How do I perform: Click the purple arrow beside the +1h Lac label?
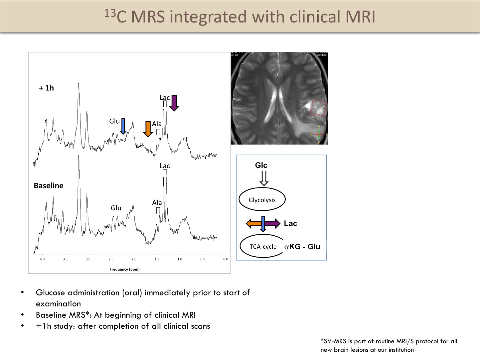pos(174,103)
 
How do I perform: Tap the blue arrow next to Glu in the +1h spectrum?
pos(123,126)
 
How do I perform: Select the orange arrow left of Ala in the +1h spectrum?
pos(148,129)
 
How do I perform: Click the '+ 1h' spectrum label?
pos(46,88)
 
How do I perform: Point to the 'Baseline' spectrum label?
pos(49,186)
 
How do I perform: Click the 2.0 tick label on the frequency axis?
pos(134,259)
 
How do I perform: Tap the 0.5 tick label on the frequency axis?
pos(203,259)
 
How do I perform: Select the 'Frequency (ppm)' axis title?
pos(125,269)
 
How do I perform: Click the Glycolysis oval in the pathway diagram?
pos(262,199)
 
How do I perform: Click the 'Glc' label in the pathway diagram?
pos(261,165)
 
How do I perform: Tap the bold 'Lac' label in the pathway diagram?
pos(291,223)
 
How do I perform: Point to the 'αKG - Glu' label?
pos(302,247)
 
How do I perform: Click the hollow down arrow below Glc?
pos(264,178)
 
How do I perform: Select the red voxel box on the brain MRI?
pos(319,108)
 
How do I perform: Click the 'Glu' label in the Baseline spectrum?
pos(116,208)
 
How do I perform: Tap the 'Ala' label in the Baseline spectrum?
pos(157,203)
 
